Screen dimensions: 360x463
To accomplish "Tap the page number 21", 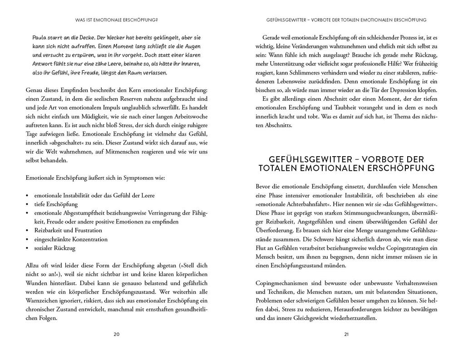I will pyautogui.click(x=346, y=335).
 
